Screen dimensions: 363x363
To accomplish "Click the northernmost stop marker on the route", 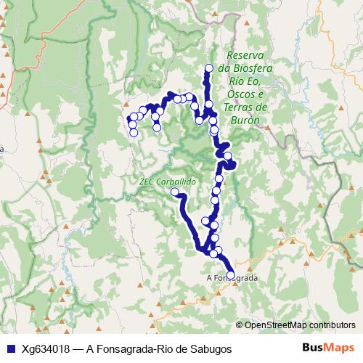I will click(209, 69).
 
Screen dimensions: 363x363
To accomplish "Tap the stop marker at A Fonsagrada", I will click(231, 274).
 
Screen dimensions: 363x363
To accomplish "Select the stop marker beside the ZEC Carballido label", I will click(174, 192).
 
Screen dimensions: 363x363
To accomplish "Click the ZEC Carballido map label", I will click(164, 181).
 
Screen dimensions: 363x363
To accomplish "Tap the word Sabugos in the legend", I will click(211, 348).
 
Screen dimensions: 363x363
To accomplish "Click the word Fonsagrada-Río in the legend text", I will click(138, 348).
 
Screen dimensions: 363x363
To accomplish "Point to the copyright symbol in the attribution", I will click(240, 325).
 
